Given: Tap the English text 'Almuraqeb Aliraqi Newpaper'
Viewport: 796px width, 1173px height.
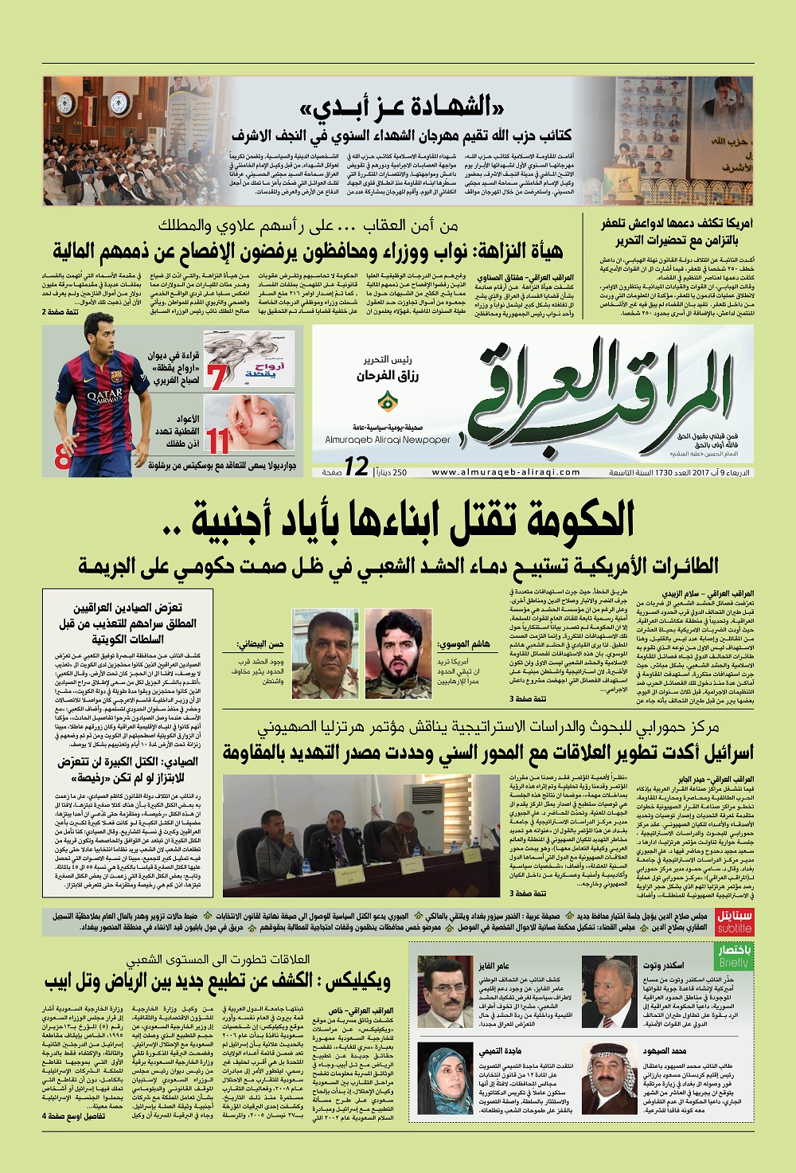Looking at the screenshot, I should (x=388, y=440).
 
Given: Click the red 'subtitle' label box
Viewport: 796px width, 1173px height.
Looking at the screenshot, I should (x=734, y=922).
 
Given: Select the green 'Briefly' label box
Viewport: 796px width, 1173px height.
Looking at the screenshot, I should (x=734, y=956).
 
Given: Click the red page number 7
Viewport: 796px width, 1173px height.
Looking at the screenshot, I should (x=217, y=376).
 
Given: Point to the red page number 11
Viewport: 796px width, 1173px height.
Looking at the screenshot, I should (x=217, y=440).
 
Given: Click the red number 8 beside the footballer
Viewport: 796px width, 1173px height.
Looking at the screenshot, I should (x=62, y=459).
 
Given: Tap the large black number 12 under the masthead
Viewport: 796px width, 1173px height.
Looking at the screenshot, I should (x=356, y=467).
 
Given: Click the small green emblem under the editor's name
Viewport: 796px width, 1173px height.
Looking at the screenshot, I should (x=386, y=399).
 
